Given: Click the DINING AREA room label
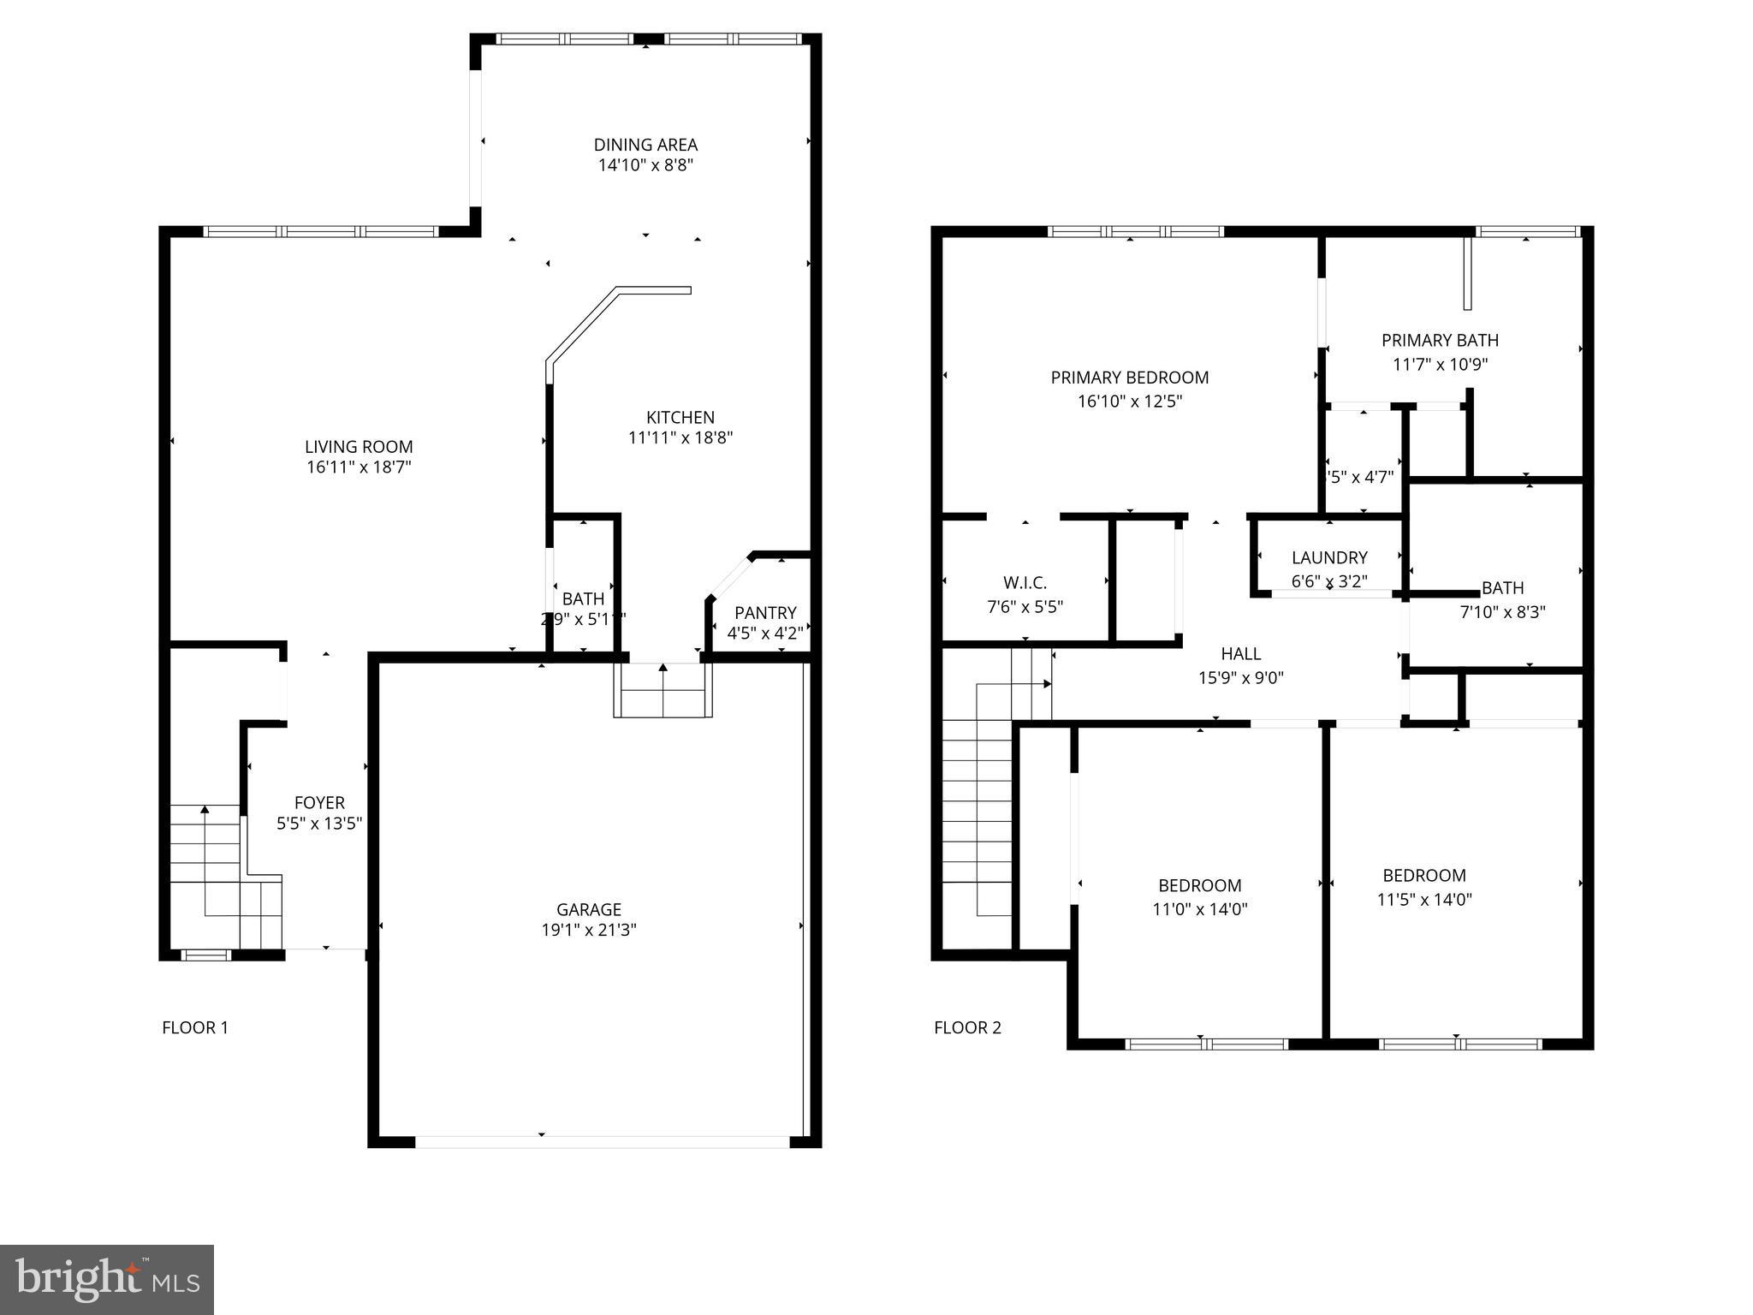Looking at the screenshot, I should [x=645, y=145].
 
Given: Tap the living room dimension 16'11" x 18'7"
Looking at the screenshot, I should [x=359, y=467].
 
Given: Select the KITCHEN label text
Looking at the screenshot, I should [x=680, y=417].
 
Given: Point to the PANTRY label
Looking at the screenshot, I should [x=765, y=612].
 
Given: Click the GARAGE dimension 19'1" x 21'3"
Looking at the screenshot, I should [x=588, y=931].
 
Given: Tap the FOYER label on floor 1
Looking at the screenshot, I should [x=319, y=802].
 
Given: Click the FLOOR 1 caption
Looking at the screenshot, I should [x=195, y=1027].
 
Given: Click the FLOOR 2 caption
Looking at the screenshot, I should [x=967, y=1027].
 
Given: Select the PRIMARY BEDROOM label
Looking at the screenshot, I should [x=1129, y=378].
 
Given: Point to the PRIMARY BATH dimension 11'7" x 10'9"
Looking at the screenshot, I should [x=1440, y=364].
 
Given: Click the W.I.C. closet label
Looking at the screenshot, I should [x=1025, y=583].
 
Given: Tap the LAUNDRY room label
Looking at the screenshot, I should [x=1328, y=557].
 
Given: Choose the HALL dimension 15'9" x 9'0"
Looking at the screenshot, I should [x=1240, y=678].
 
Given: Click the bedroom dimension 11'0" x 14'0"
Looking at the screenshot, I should [x=1199, y=909].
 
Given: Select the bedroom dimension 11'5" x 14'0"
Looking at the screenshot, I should [x=1423, y=900].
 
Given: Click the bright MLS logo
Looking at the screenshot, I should [x=107, y=1280].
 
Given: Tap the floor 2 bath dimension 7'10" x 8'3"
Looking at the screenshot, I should [x=1502, y=612].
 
